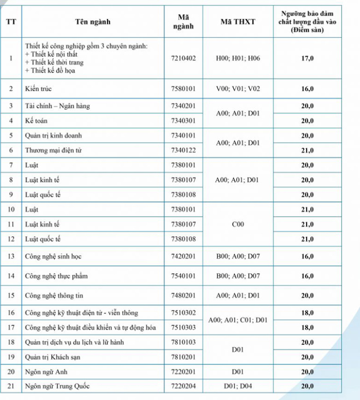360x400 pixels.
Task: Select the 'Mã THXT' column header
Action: point(238,22)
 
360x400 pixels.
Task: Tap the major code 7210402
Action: point(184,58)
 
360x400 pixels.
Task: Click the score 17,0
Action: point(308,58)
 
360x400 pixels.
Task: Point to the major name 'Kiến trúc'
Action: point(38,88)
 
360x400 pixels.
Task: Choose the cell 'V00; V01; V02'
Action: point(238,88)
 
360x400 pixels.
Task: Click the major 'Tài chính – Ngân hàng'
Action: point(58,106)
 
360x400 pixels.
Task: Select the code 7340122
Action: point(184,150)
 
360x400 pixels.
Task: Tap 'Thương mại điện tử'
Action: point(53,150)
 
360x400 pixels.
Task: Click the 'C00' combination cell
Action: point(238,225)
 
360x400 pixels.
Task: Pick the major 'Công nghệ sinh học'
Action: point(53,256)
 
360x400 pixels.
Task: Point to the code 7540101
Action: point(184,276)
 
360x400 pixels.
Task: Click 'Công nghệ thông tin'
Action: point(54,295)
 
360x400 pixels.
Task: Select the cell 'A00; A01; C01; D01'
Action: point(238,320)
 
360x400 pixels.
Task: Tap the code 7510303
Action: point(184,327)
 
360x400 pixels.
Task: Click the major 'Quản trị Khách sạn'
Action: point(52,357)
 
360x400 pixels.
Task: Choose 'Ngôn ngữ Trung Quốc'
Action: point(58,387)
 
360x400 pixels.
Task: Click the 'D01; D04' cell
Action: point(238,387)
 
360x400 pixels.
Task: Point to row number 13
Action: point(11,256)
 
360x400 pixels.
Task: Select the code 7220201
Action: point(184,372)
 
